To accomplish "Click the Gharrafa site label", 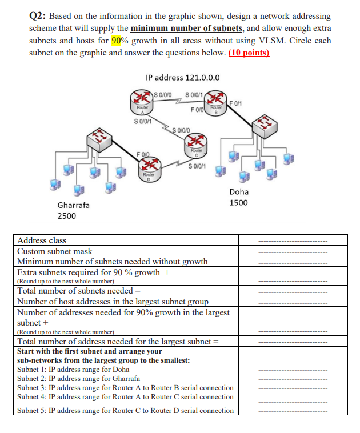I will coord(73,205).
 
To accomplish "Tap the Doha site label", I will coord(238,192).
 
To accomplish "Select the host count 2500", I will coord(67,216).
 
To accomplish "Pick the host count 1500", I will coord(238,203).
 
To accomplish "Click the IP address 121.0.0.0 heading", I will coord(183,78).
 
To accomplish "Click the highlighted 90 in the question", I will coord(118,41).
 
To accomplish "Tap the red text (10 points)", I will coord(249,53).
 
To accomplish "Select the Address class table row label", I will coord(42,240).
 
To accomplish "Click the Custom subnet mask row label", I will coord(55,251).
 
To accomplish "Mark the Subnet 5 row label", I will coord(125,410).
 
